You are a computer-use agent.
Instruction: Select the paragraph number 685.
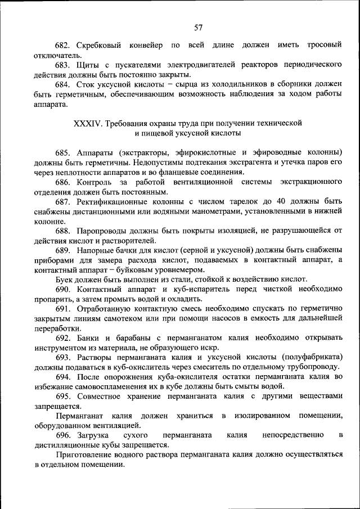(62, 152)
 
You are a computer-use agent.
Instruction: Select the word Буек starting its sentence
(64, 280)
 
